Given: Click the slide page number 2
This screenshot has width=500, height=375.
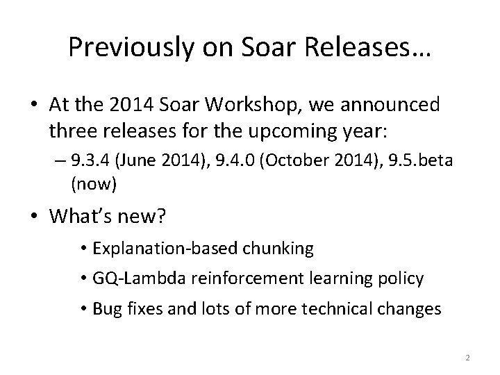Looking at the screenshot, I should [467, 358].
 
